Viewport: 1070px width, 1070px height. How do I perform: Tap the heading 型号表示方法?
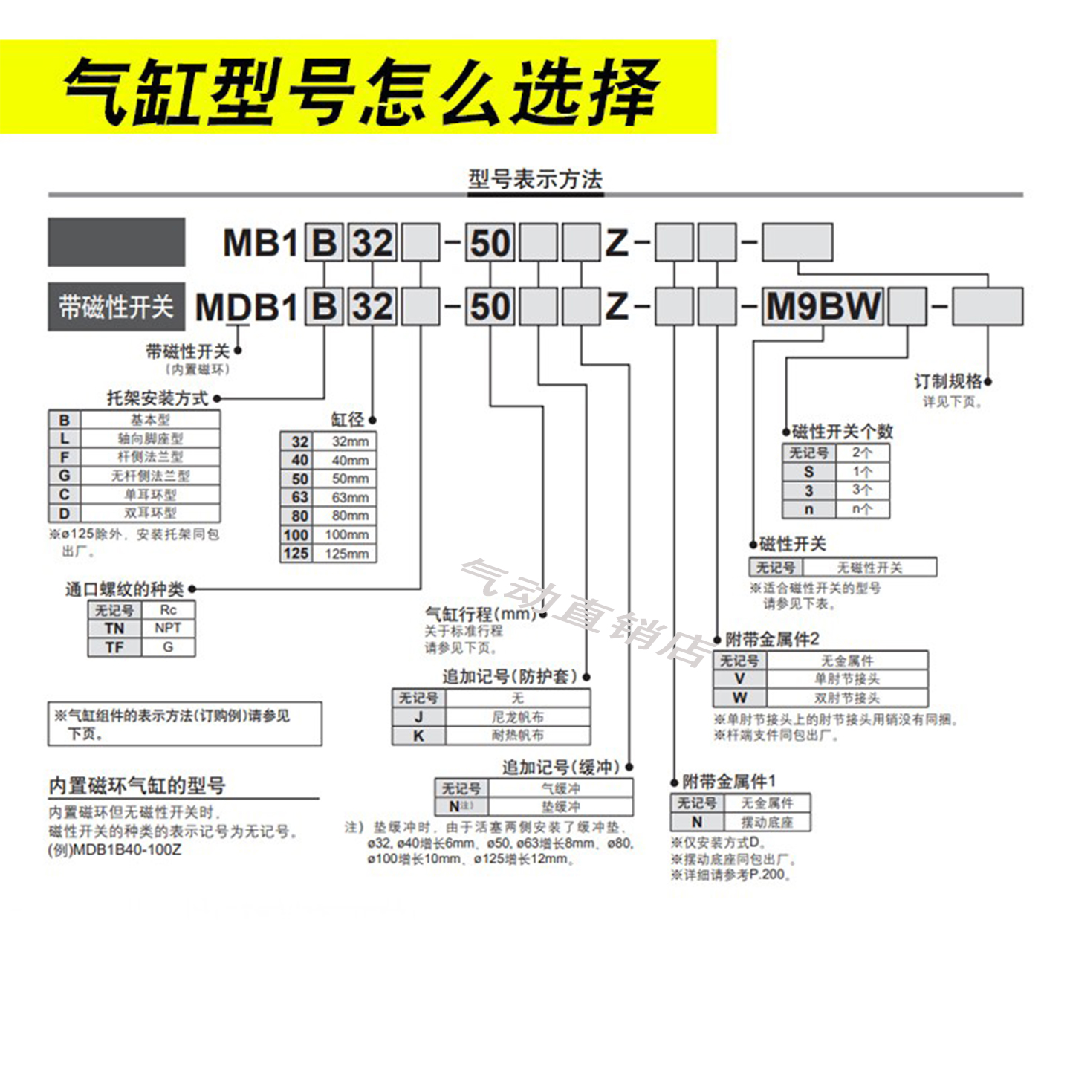[x=535, y=179]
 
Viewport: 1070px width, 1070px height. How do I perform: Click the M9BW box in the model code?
[x=823, y=306]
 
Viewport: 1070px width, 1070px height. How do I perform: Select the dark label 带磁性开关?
[x=116, y=306]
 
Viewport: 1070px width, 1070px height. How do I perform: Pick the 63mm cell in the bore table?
[x=350, y=497]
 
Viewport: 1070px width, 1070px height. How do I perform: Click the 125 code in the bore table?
[x=296, y=554]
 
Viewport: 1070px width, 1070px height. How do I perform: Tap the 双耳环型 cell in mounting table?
[x=150, y=513]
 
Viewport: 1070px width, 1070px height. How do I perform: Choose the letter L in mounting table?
[x=65, y=438]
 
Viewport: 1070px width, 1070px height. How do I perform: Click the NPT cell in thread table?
[x=168, y=629]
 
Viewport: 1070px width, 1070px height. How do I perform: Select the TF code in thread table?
[x=114, y=648]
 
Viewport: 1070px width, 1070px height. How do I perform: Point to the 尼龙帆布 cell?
[x=517, y=717]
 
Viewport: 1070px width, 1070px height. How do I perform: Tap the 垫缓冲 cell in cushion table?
[x=560, y=807]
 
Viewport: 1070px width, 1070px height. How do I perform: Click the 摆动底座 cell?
[x=767, y=823]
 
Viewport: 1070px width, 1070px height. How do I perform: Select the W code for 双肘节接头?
[x=739, y=698]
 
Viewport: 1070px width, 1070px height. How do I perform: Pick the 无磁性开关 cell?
[x=869, y=568]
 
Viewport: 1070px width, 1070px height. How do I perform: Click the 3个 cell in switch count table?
[x=862, y=490]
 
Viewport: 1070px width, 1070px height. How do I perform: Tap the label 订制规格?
[x=947, y=382]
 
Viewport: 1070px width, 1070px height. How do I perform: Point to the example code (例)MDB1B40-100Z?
[x=114, y=849]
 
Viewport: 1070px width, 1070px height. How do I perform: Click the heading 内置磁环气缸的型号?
[x=137, y=785]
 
